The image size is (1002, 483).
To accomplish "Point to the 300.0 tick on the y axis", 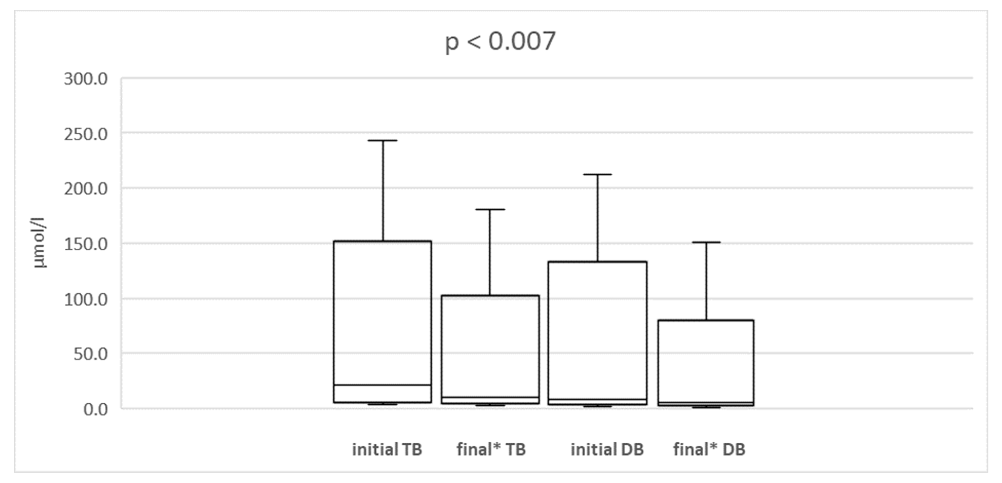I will (86, 79).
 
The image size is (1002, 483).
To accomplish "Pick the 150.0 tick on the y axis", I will (86, 244).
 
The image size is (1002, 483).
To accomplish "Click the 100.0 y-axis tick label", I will (86, 300).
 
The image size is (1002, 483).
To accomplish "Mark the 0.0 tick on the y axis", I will (95, 409).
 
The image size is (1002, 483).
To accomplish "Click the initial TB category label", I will (387, 450).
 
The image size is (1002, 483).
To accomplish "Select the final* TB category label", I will (491, 450).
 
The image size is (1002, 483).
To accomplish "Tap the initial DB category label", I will (607, 450).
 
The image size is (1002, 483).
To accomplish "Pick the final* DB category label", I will (709, 450).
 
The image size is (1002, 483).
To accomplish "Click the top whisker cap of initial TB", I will (383, 140).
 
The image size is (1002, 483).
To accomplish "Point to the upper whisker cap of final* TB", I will (490, 209).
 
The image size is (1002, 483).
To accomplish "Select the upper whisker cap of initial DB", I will (597, 174).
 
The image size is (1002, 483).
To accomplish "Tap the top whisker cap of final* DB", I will (706, 242).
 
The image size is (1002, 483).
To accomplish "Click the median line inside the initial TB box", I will (383, 385).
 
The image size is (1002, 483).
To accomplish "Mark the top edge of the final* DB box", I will (706, 320).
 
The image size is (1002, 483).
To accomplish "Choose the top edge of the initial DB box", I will (597, 262).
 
